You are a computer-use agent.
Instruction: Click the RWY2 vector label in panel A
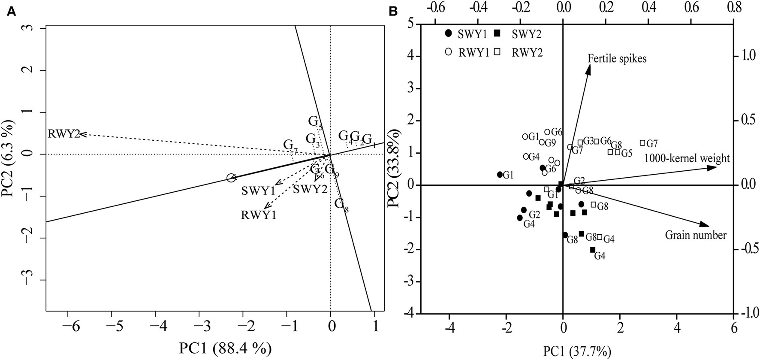pyautogui.click(x=64, y=134)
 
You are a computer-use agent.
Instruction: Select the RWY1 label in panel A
pyautogui.click(x=258, y=215)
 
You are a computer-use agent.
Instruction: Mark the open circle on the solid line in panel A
pyautogui.click(x=231, y=178)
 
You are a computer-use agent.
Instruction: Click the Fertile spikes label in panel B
pyautogui.click(x=617, y=59)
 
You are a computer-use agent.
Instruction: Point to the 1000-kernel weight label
pyautogui.click(x=687, y=158)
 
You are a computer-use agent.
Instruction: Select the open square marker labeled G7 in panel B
pyautogui.click(x=642, y=143)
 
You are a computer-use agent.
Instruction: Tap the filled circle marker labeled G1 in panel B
pyautogui.click(x=500, y=175)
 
